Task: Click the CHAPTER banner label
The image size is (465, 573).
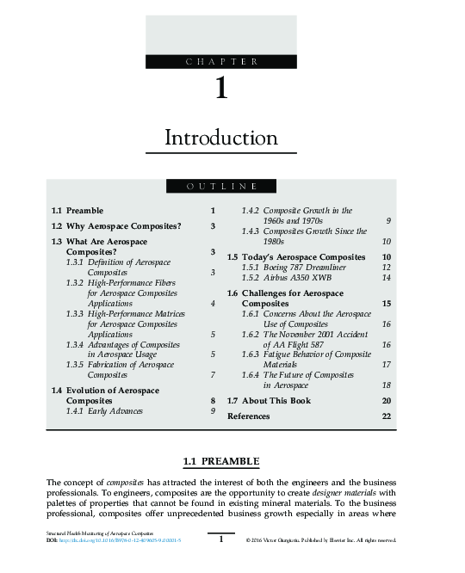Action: (x=221, y=61)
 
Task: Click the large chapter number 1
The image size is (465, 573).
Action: (x=221, y=89)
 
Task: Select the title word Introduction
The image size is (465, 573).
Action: (x=221, y=138)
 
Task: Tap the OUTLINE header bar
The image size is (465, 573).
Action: (x=221, y=187)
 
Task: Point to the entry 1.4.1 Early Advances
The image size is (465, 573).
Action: (x=104, y=412)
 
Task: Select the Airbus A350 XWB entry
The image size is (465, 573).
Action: (x=287, y=278)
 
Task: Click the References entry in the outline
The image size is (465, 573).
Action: (x=248, y=416)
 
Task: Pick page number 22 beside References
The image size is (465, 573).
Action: (x=387, y=416)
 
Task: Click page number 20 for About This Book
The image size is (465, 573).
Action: (x=387, y=402)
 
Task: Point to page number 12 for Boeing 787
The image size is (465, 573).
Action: (x=387, y=268)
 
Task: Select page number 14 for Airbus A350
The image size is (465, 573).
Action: (x=387, y=278)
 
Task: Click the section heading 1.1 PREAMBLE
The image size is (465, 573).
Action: (x=221, y=462)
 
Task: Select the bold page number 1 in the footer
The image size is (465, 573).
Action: (x=221, y=539)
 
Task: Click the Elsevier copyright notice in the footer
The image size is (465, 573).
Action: (x=320, y=540)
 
